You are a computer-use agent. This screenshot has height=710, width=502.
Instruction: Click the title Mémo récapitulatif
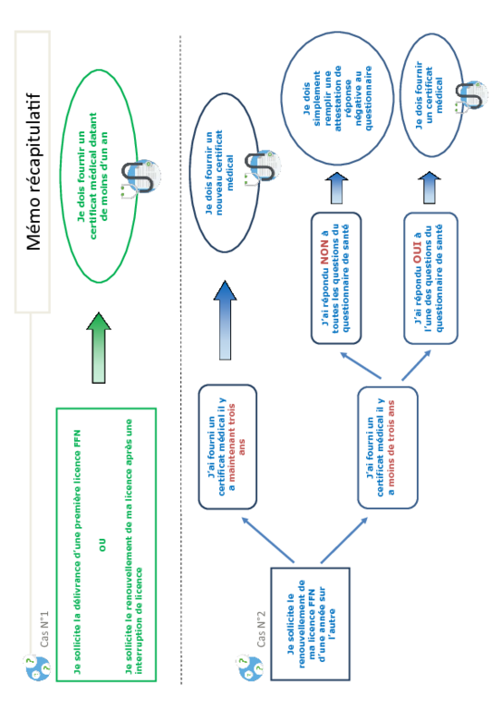click(x=33, y=172)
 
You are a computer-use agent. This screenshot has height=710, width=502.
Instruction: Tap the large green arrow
click(x=99, y=348)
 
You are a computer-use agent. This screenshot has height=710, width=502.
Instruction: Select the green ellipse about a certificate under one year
click(x=99, y=177)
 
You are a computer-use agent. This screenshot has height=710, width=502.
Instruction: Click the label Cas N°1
click(x=43, y=630)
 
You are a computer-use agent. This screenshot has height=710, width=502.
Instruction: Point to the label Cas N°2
click(x=262, y=630)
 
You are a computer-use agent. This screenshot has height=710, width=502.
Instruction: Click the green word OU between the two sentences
click(x=103, y=545)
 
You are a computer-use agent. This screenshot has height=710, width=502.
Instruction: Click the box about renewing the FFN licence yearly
click(x=311, y=624)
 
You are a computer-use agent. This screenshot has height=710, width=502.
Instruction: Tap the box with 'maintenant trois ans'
click(x=227, y=447)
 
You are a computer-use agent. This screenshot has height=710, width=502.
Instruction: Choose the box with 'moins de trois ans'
click(x=387, y=447)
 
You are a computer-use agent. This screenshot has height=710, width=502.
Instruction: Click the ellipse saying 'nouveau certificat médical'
click(x=225, y=173)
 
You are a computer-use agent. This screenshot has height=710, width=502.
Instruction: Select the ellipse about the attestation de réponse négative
click(x=337, y=98)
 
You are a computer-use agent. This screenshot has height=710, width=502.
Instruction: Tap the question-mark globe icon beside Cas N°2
click(x=251, y=667)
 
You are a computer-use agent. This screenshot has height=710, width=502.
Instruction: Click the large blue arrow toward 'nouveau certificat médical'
click(x=225, y=320)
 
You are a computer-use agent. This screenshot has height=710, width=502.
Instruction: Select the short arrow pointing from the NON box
click(x=337, y=188)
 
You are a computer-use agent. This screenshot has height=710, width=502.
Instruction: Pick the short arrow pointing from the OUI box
click(x=429, y=188)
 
